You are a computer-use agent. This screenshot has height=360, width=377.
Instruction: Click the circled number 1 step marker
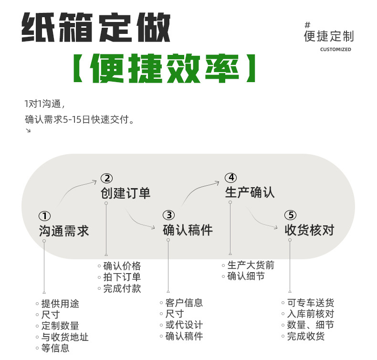pos(45,216)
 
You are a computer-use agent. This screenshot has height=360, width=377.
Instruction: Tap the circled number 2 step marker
pos(106,179)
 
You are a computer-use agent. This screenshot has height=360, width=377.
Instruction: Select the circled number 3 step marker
pos(168,215)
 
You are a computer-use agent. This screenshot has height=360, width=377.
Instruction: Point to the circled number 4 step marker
pos(230,178)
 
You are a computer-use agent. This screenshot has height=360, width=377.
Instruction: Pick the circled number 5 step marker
pos(290,215)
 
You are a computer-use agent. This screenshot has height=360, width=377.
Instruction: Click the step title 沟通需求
pos(64,231)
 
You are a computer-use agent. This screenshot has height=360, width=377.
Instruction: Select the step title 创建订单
pos(126,193)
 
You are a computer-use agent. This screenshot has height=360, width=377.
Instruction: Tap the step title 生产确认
pos(250,192)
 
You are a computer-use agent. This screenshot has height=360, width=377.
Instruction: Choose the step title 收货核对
pos(309,230)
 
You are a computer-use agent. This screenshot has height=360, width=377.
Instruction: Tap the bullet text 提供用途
pos(60,304)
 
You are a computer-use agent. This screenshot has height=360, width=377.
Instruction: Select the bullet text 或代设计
pos(184,325)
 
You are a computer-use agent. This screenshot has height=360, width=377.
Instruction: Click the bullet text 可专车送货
pos(311,303)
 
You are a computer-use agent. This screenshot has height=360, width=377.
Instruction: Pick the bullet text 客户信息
pos(184,303)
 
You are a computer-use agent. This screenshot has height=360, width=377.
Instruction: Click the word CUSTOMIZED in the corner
pos(335,50)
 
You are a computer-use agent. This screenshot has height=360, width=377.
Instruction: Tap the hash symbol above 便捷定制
pos(307,25)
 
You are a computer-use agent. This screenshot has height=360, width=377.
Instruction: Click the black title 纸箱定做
pos(96,27)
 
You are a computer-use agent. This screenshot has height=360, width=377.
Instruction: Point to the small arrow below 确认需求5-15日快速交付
pos(28,131)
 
